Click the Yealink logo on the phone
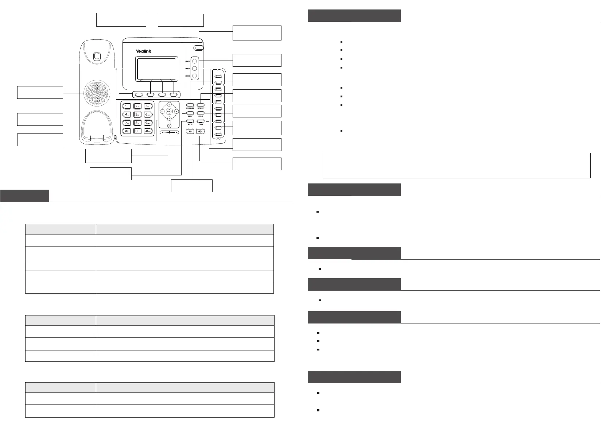tap(143, 51)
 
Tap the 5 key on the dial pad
tap(137, 115)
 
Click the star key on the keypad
tap(126, 131)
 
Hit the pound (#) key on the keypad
tap(148, 131)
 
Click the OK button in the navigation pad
tap(170, 111)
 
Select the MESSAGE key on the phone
tap(190, 105)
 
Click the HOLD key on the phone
tap(201, 113)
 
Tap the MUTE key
tap(190, 121)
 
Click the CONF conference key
tap(190, 113)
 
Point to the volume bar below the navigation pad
tap(169, 132)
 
